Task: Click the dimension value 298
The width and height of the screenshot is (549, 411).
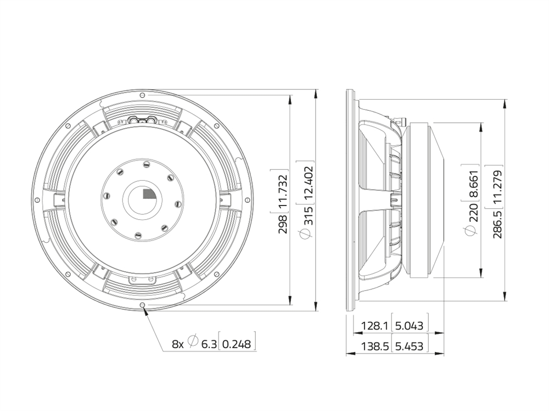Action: tap(283, 224)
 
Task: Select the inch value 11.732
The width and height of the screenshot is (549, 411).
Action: tap(283, 192)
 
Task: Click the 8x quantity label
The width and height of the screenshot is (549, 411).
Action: tap(177, 344)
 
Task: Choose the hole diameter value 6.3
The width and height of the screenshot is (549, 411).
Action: tap(208, 344)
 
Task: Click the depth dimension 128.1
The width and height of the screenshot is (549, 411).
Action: tap(375, 326)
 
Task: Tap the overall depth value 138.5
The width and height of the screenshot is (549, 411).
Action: tap(375, 346)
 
